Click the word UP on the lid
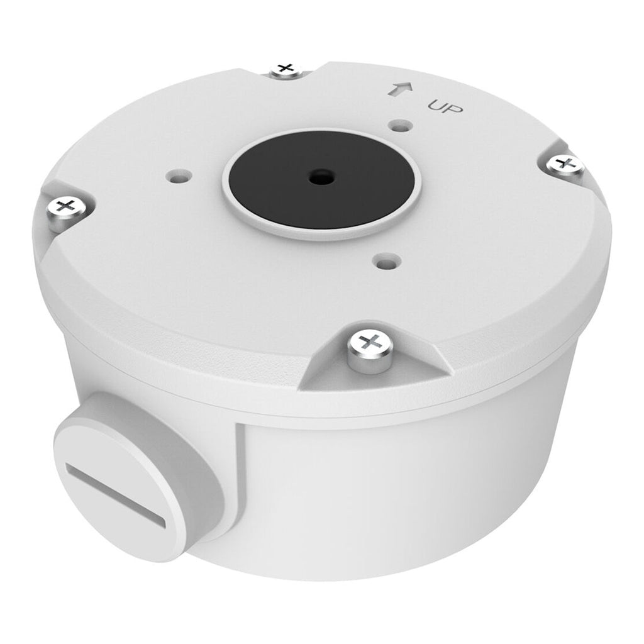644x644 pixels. [445, 107]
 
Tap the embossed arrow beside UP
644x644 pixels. [401, 89]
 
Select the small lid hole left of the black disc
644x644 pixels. [179, 177]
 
